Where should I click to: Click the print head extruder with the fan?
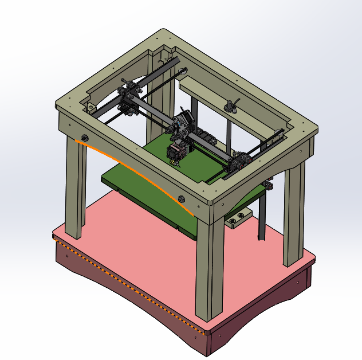[x=177, y=152]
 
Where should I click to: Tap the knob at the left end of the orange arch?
[x=85, y=138]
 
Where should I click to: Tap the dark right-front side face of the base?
[x=263, y=312]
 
